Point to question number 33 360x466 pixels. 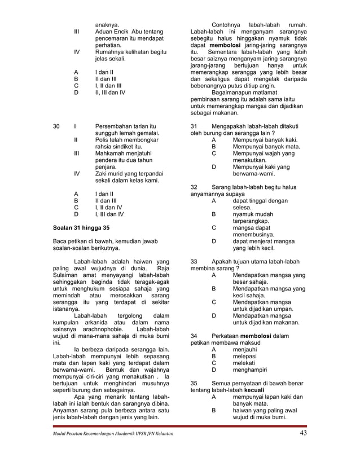pos(195,262)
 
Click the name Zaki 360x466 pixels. pos(102,174)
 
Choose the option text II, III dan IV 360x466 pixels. pos(111,92)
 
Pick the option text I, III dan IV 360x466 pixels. pos(110,214)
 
